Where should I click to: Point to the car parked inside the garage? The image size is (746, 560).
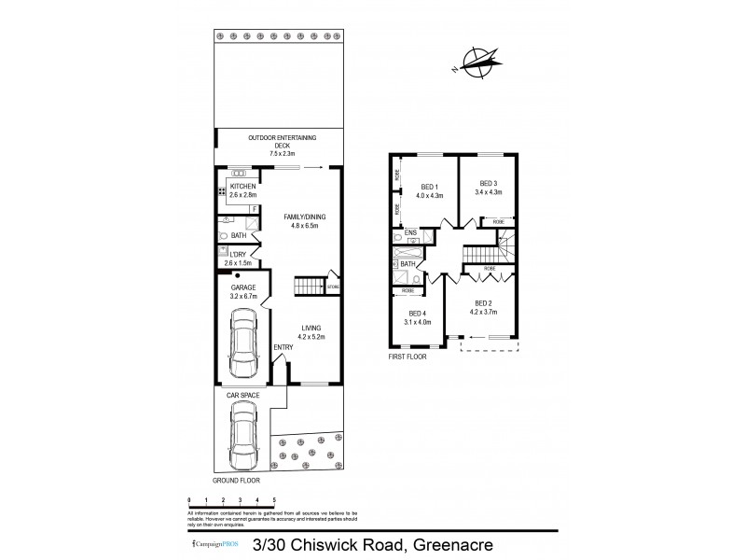point(243,343)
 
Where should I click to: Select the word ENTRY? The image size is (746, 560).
point(283,348)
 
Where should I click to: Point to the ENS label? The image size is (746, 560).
point(409,232)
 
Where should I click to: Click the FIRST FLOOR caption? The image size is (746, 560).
point(408,357)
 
